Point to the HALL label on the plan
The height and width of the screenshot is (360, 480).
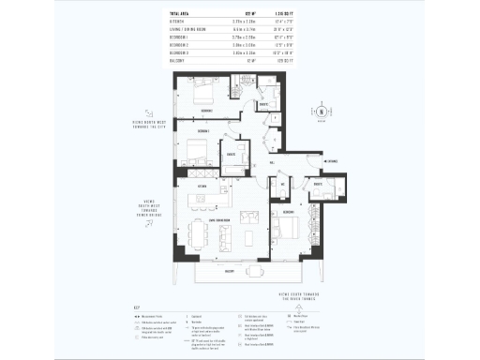pyautogui.click(x=271, y=163)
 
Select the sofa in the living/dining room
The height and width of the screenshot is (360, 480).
pyautogui.click(x=250, y=217)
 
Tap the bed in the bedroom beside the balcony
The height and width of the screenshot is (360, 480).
pyautogui.click(x=289, y=229)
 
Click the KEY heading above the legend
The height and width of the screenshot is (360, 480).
pyautogui.click(x=138, y=307)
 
